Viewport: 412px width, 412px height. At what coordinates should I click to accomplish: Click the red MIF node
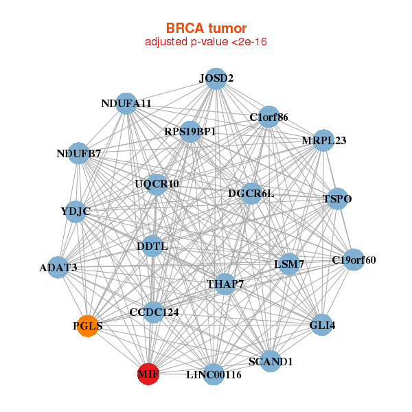(x=148, y=374)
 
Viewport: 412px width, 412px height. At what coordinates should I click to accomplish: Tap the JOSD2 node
(x=216, y=78)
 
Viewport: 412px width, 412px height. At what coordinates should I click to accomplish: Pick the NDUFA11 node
(x=126, y=104)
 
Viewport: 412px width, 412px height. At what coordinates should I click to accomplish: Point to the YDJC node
(x=76, y=211)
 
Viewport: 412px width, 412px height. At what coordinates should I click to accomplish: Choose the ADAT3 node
(x=58, y=267)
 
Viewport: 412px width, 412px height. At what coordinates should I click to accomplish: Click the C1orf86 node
(x=268, y=117)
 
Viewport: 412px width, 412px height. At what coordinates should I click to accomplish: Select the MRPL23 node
(x=323, y=141)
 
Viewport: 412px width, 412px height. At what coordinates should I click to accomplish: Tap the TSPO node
(x=337, y=199)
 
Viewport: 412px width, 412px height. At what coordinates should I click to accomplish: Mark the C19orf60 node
(x=354, y=260)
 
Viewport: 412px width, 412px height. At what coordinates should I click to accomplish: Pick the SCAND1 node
(x=270, y=361)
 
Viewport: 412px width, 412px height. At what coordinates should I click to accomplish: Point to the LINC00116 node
(x=214, y=375)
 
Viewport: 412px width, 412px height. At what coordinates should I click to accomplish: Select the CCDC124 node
(x=154, y=312)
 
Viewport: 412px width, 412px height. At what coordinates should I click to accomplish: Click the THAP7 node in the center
(x=225, y=284)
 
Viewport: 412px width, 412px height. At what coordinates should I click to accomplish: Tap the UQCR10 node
(x=157, y=184)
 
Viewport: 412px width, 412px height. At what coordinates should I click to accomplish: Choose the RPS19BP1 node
(x=190, y=131)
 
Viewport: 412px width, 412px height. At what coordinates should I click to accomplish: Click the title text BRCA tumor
(x=205, y=28)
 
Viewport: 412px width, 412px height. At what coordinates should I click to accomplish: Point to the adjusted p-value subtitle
(x=205, y=43)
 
